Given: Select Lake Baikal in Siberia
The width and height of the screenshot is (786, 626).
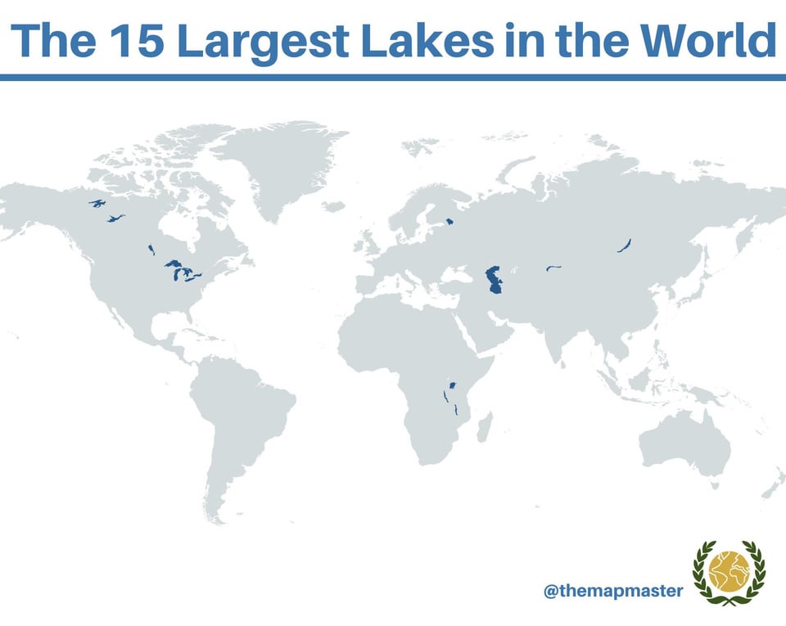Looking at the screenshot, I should pyautogui.click(x=624, y=245).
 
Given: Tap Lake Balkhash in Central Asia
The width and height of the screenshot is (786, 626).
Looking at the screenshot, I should pyautogui.click(x=553, y=268).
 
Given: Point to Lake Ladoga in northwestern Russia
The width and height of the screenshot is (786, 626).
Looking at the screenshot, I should pyautogui.click(x=449, y=221).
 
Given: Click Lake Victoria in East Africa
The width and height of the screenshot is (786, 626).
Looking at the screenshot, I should pyautogui.click(x=451, y=385).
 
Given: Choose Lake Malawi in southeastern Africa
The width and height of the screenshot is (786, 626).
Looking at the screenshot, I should pyautogui.click(x=455, y=408).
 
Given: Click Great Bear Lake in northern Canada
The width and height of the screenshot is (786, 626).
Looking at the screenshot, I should pyautogui.click(x=98, y=203).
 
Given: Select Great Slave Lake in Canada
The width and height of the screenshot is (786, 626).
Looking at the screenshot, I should pyautogui.click(x=115, y=218).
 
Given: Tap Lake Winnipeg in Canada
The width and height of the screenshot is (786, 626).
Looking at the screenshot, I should pyautogui.click(x=151, y=249).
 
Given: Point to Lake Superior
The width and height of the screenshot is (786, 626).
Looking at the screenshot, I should pyautogui.click(x=173, y=264).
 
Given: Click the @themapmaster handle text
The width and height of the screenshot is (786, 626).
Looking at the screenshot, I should pyautogui.click(x=612, y=589).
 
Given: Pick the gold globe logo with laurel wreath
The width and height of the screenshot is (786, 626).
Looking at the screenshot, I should pyautogui.click(x=729, y=572).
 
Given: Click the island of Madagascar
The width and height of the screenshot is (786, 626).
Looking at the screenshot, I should pyautogui.click(x=484, y=427).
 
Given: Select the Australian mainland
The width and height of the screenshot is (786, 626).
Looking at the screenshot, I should pyautogui.click(x=684, y=449).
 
